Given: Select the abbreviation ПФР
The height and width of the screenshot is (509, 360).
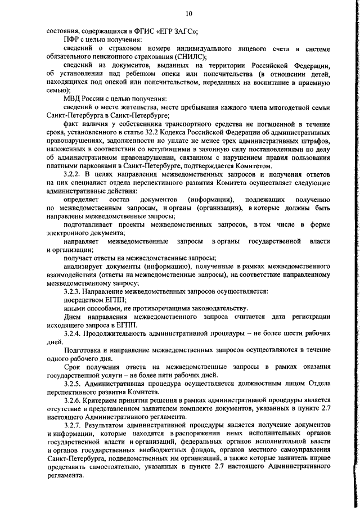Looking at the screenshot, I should [x=72, y=41].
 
